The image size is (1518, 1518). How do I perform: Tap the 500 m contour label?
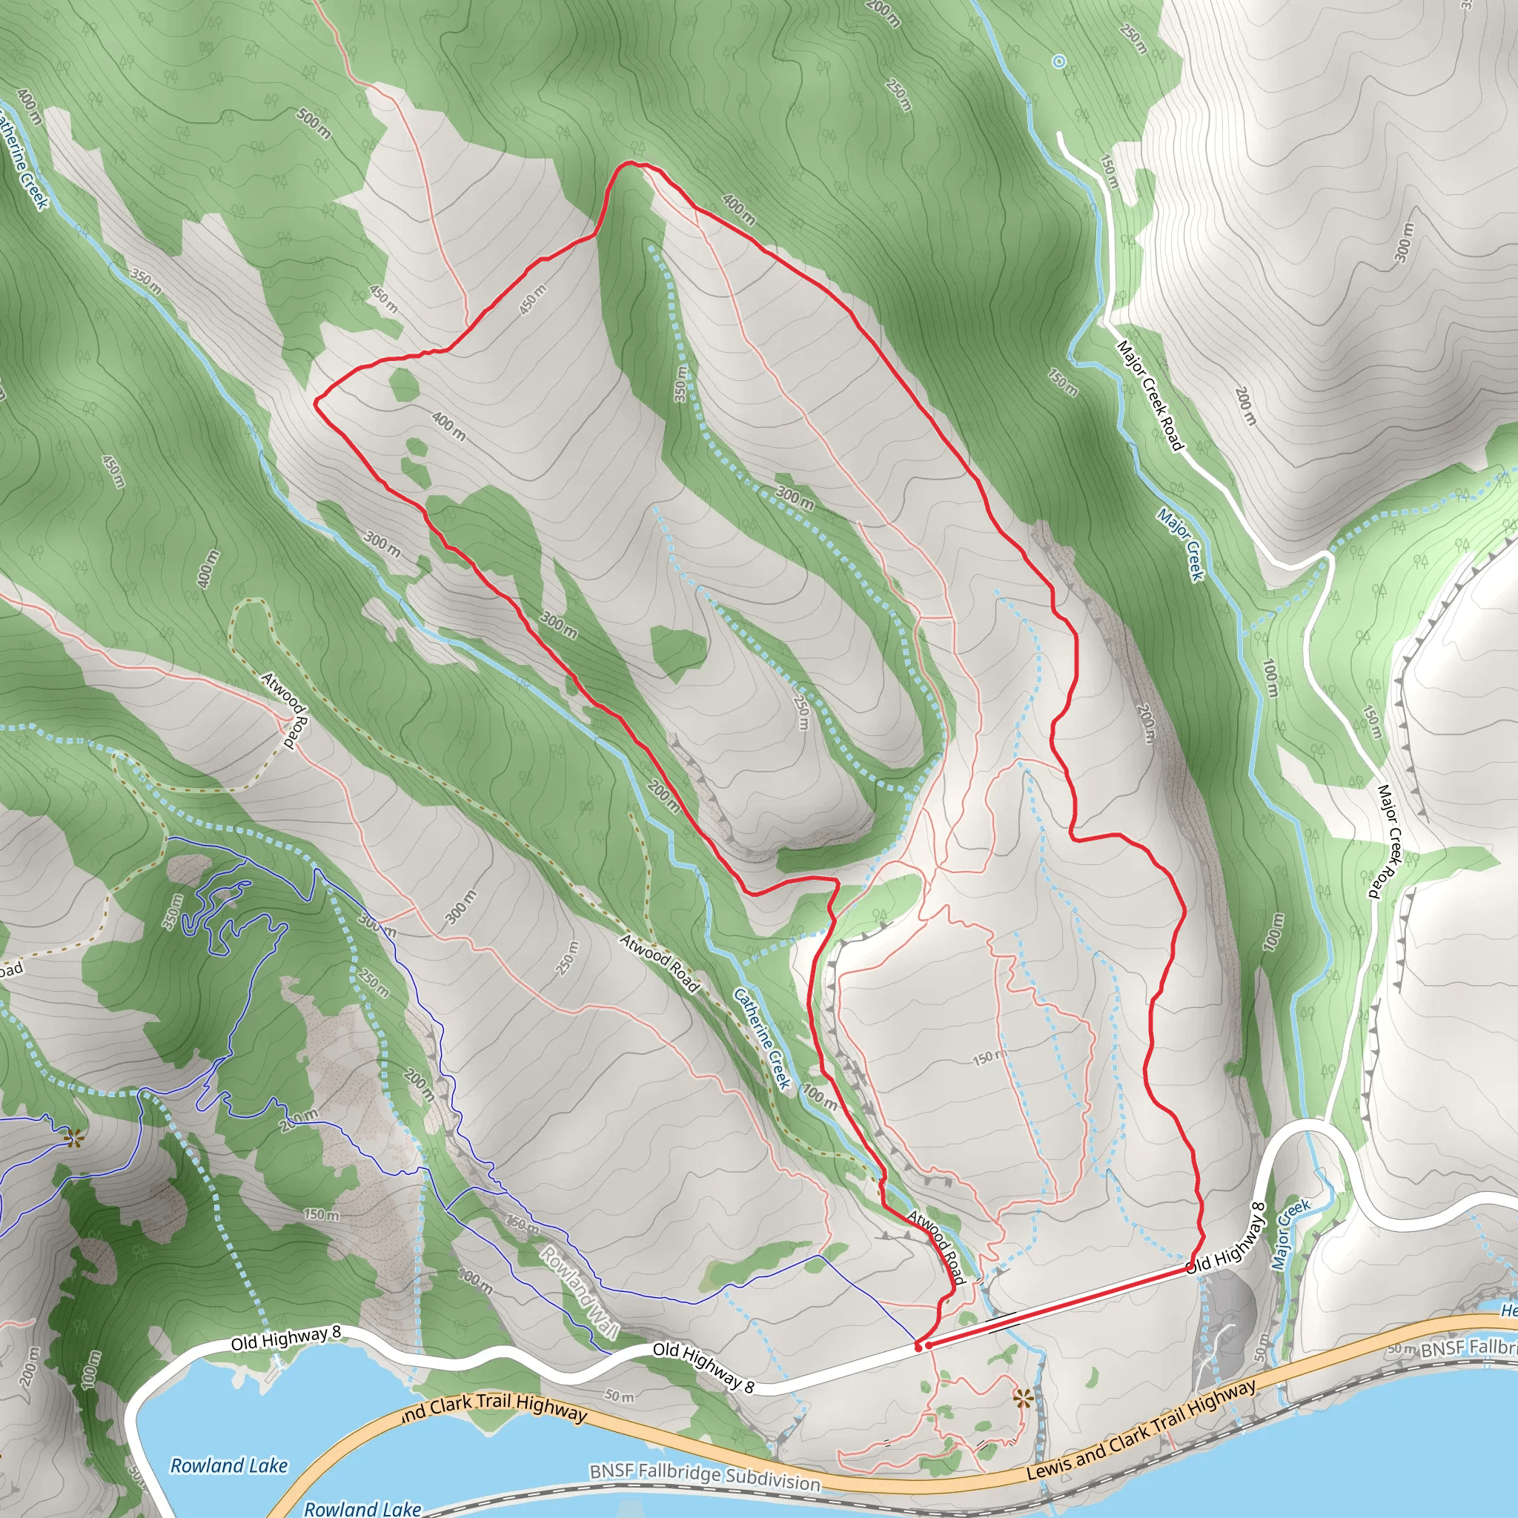coord(314,124)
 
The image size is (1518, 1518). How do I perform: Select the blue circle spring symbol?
coord(1058,62)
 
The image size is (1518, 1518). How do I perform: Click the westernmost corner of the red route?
coord(316,403)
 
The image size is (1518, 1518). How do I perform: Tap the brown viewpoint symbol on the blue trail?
coord(74,1137)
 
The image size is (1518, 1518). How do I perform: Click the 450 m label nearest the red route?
coord(533,300)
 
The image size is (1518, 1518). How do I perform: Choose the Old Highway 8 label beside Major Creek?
coord(1227,1238)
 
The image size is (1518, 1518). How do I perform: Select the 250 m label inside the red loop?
coord(801,712)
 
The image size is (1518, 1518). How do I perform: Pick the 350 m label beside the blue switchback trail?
coord(173,911)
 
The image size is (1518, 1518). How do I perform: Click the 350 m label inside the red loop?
coord(681,383)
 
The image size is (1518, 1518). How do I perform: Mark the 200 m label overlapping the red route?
coord(664,795)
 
